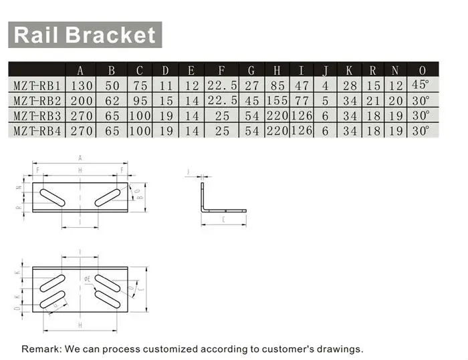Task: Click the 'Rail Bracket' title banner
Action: tap(84, 35)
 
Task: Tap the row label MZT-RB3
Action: tap(37, 116)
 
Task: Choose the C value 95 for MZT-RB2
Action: tap(139, 101)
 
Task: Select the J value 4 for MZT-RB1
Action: tap(325, 85)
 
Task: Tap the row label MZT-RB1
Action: tap(37, 85)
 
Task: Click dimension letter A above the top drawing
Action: tap(80, 158)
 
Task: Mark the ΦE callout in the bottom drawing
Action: tap(88, 278)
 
